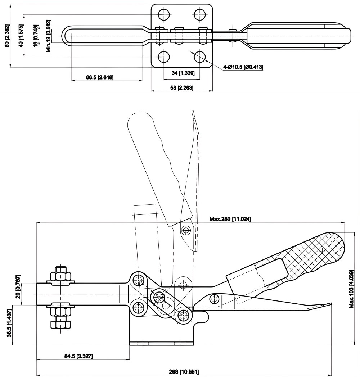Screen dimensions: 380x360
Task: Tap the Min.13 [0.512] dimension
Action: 48,36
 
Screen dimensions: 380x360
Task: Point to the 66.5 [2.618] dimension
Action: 100,77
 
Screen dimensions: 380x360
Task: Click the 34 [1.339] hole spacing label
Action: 183,73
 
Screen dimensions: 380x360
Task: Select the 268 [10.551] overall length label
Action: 184,371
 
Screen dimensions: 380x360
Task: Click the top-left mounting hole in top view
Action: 165,14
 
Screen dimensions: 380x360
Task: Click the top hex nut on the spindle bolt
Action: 60,276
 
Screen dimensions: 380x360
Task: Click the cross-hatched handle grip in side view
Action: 317,252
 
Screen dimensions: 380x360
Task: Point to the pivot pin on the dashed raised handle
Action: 186,229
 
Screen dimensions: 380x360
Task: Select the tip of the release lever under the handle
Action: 326,304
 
